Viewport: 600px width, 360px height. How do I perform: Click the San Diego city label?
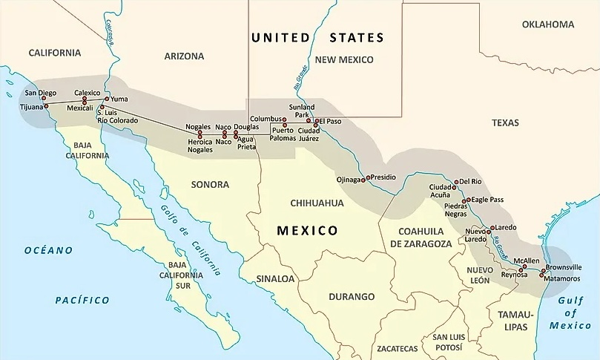(x=40, y=93)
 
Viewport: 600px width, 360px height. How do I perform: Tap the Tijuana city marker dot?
(x=46, y=106)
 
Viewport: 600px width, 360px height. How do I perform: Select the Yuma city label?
(x=118, y=98)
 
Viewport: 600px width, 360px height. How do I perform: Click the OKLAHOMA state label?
(x=548, y=24)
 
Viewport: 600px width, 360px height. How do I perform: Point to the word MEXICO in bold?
(x=307, y=230)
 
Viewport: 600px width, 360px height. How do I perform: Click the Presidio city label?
(x=381, y=177)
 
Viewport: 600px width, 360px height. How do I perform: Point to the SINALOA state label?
(x=276, y=279)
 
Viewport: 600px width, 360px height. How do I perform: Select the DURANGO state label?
(x=352, y=297)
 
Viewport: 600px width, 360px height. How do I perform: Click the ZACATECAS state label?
(x=397, y=348)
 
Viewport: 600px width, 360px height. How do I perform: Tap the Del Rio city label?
(x=471, y=181)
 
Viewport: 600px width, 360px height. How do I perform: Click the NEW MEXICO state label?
(x=344, y=59)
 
